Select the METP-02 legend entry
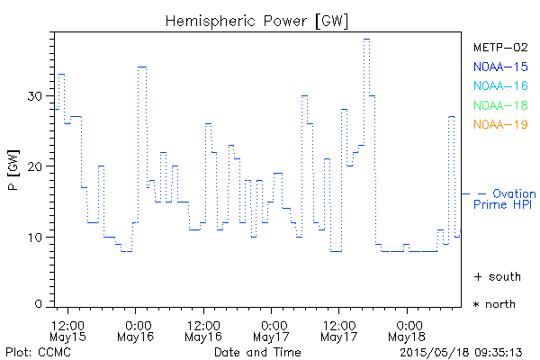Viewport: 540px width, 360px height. click(499, 47)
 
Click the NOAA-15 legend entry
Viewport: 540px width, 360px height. click(499, 66)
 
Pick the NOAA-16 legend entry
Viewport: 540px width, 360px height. click(499, 85)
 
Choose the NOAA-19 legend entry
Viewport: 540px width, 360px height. click(499, 124)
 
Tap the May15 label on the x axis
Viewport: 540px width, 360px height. click(68, 337)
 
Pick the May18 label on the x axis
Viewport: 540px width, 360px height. click(407, 337)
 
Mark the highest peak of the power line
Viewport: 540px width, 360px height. click(366, 40)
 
